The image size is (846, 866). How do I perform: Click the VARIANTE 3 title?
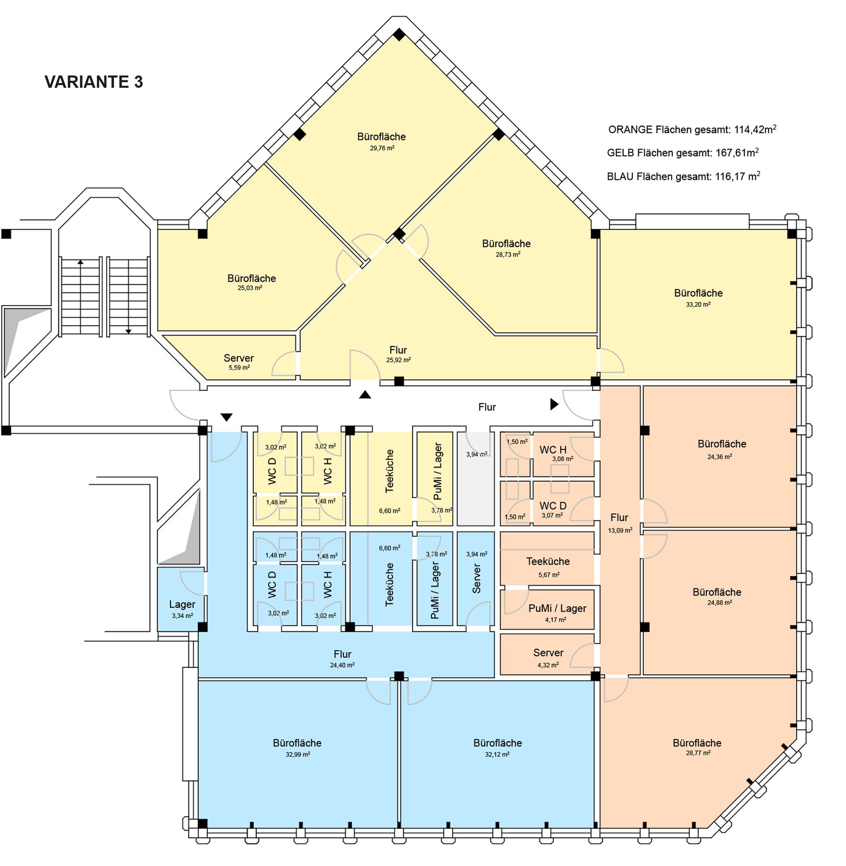click(94, 82)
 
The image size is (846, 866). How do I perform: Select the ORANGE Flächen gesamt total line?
click(692, 129)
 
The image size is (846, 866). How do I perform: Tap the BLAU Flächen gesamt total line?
click(683, 176)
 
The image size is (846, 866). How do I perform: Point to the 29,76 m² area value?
click(382, 148)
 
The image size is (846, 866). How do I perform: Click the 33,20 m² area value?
click(698, 305)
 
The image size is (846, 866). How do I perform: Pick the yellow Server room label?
click(239, 358)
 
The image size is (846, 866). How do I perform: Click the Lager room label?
click(182, 605)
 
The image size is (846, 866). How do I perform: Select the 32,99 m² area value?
click(298, 754)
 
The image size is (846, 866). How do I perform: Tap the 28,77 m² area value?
click(698, 753)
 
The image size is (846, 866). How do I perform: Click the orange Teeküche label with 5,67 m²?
click(548, 561)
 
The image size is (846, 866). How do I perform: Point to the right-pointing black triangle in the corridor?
click(554, 404)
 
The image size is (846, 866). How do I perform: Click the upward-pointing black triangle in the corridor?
click(365, 394)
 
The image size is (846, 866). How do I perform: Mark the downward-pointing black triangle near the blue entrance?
click(226, 418)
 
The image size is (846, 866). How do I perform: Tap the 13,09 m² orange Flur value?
click(620, 530)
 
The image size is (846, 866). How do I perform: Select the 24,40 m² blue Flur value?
click(342, 665)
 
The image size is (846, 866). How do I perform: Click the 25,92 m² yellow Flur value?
click(398, 360)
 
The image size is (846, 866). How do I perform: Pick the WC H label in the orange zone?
click(553, 450)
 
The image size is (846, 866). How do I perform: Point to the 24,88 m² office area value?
click(720, 603)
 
